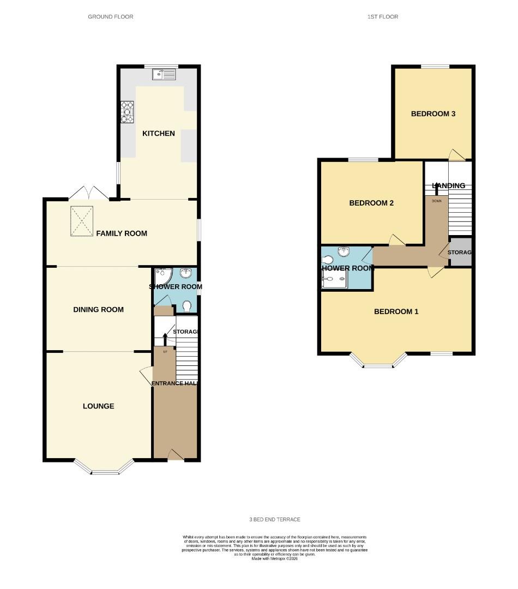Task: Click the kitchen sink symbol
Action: pyautogui.click(x=166, y=74)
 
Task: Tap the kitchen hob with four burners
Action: pyautogui.click(x=128, y=112)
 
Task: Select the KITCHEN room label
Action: pyautogui.click(x=159, y=134)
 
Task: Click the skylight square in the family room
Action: pyautogui.click(x=83, y=220)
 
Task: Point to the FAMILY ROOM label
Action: pyautogui.click(x=122, y=233)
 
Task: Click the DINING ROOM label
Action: pyautogui.click(x=99, y=310)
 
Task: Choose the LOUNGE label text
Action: pyautogui.click(x=99, y=406)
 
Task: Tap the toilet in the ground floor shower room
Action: pyautogui.click(x=187, y=306)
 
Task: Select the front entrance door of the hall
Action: pyautogui.click(x=175, y=455)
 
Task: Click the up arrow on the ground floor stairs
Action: pyautogui.click(x=165, y=339)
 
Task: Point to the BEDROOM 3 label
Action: pyautogui.click(x=433, y=114)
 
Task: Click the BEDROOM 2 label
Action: pyautogui.click(x=371, y=203)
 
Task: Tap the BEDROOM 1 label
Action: pyautogui.click(x=396, y=312)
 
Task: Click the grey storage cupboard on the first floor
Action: pyautogui.click(x=460, y=253)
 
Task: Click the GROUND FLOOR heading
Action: pyautogui.click(x=111, y=17)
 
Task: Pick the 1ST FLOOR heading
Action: pyautogui.click(x=383, y=17)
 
